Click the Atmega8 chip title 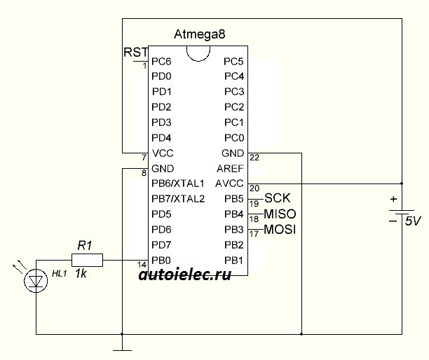pos(200,34)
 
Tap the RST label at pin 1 pos(136,53)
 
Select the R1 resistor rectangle pos(88,260)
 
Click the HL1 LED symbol pos(36,281)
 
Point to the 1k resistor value pos(81,273)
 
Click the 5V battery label pos(413,221)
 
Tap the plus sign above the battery pos(393,199)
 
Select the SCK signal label pos(277,198)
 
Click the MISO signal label pos(280,214)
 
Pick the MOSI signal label pos(280,229)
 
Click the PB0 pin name pos(161,261)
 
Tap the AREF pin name pos(230,169)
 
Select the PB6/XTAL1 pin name pos(178,184)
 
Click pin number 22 pos(254,158)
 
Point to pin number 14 pos(142,265)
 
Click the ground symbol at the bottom pos(122,350)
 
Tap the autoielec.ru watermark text pos(185,275)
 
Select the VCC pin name pos(163,153)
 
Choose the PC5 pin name pos(233,62)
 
